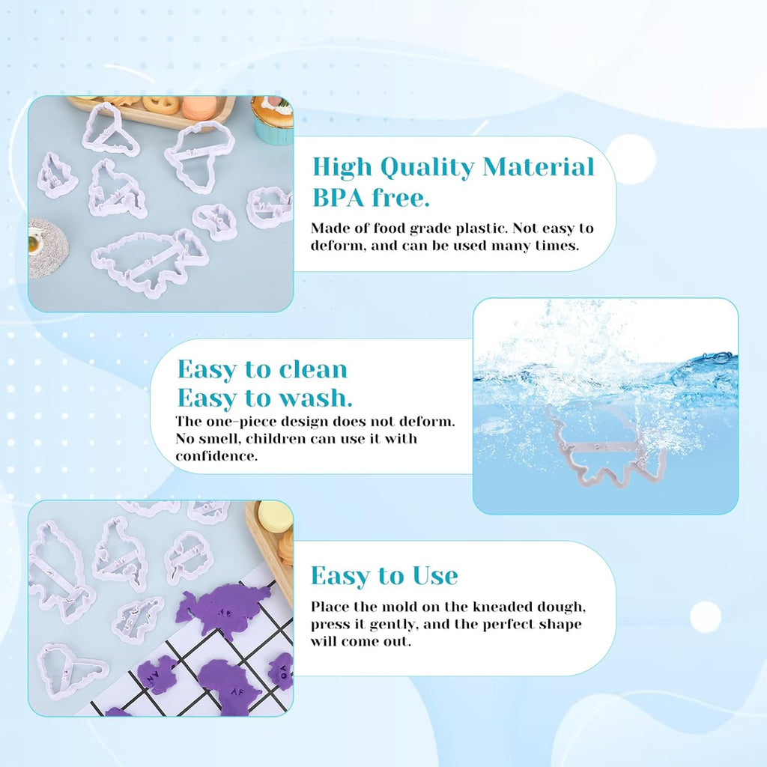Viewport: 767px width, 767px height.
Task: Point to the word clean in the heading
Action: tap(313, 369)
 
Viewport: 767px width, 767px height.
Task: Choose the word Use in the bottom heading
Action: tap(434, 576)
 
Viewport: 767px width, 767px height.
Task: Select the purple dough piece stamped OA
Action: tap(282, 669)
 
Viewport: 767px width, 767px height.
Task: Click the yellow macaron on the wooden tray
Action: tap(274, 517)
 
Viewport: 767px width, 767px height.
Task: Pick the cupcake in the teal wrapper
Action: tap(272, 120)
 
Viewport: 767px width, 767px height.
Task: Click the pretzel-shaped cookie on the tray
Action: tap(161, 104)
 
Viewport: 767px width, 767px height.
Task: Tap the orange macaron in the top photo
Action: tap(198, 108)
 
